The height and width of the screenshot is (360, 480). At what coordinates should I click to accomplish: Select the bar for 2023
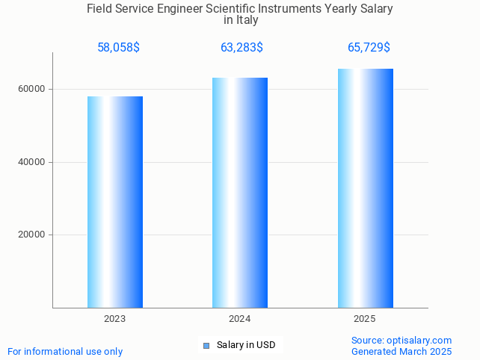tap(115, 202)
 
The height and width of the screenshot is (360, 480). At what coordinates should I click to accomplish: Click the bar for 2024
tap(240, 193)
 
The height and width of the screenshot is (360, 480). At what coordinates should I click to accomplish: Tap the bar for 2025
tap(365, 188)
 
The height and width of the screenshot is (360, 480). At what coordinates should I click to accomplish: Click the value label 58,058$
tap(118, 48)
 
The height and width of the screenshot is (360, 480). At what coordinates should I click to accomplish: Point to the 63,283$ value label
tap(241, 48)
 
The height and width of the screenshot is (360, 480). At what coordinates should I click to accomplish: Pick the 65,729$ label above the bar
tap(369, 48)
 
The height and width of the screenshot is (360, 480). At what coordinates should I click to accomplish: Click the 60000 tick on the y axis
tap(31, 89)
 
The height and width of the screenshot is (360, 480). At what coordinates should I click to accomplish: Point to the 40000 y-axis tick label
tap(31, 162)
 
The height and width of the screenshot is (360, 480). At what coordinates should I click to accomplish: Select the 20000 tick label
tap(31, 235)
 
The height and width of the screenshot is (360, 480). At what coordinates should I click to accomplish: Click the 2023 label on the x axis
tap(115, 319)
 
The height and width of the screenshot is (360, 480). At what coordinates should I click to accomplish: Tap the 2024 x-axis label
tap(240, 319)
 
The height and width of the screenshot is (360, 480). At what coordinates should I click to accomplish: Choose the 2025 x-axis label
tap(365, 319)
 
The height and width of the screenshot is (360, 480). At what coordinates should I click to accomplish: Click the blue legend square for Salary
tap(206, 345)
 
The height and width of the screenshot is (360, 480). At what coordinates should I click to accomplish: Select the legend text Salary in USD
tap(246, 345)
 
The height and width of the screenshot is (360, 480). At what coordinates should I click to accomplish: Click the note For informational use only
tap(65, 351)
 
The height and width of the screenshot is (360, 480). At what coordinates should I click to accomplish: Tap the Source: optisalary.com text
tap(401, 340)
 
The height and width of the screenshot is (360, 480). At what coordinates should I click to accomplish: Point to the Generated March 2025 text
tap(401, 351)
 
